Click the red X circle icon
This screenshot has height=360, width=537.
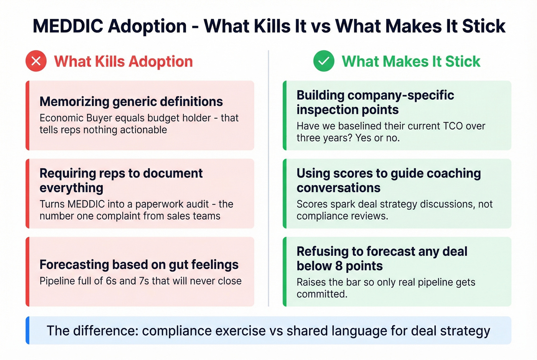(36, 61)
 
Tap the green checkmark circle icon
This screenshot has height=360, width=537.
(324, 61)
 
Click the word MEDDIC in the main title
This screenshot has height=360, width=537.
(68, 26)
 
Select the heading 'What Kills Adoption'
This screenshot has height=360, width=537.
(123, 61)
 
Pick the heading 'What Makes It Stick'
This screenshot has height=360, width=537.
(411, 61)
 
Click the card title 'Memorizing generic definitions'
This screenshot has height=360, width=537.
(131, 102)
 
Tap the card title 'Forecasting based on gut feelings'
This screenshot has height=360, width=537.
(139, 265)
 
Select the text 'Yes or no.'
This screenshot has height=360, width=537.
(378, 138)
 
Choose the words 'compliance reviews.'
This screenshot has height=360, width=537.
(342, 216)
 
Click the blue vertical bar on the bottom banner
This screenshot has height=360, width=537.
(28, 330)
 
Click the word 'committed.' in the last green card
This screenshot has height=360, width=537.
(322, 294)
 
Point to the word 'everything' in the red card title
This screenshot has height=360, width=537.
(71, 188)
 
